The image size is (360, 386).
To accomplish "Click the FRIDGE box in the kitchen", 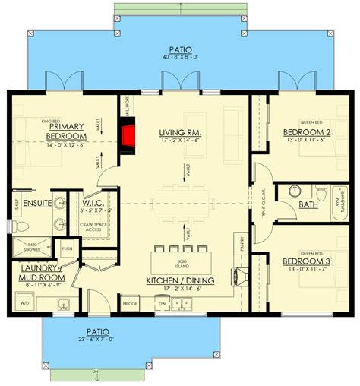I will pyautogui.click(x=130, y=303).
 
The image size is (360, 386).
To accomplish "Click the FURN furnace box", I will pyautogui.click(x=67, y=248).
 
